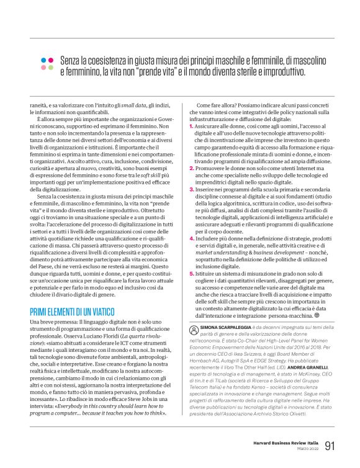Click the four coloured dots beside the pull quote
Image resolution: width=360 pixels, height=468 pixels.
46,63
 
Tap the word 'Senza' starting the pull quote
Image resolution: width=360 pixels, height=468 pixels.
70,59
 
